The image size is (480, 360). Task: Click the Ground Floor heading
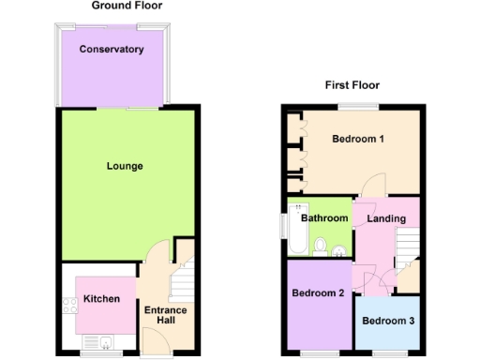(127, 6)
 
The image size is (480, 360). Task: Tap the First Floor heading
(352, 84)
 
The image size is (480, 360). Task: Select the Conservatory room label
(111, 49)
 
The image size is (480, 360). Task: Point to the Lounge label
(124, 167)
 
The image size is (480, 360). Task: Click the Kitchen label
(101, 299)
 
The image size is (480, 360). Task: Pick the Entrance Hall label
(165, 316)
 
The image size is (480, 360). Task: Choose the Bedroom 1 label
(358, 140)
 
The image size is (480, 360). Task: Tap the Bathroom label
(324, 218)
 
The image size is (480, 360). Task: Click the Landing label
(386, 218)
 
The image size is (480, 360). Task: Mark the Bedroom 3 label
(387, 322)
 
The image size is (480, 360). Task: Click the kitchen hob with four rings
(68, 304)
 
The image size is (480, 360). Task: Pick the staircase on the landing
(407, 248)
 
